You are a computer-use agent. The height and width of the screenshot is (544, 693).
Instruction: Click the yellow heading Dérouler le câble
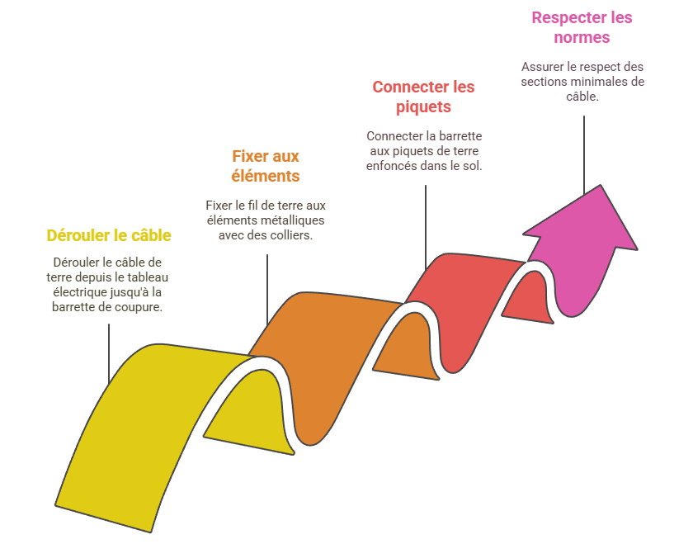click(x=109, y=235)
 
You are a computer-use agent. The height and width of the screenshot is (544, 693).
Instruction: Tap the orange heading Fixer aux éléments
click(x=266, y=165)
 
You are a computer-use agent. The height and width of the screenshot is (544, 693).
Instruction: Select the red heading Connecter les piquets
click(x=423, y=97)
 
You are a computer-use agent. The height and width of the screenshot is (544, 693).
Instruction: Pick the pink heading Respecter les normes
click(x=582, y=27)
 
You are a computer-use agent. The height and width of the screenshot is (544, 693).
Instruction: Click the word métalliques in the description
click(x=290, y=220)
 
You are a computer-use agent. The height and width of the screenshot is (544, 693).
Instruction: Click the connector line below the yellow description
click(x=109, y=351)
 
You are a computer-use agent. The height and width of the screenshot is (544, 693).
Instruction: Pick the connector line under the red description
click(x=426, y=223)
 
